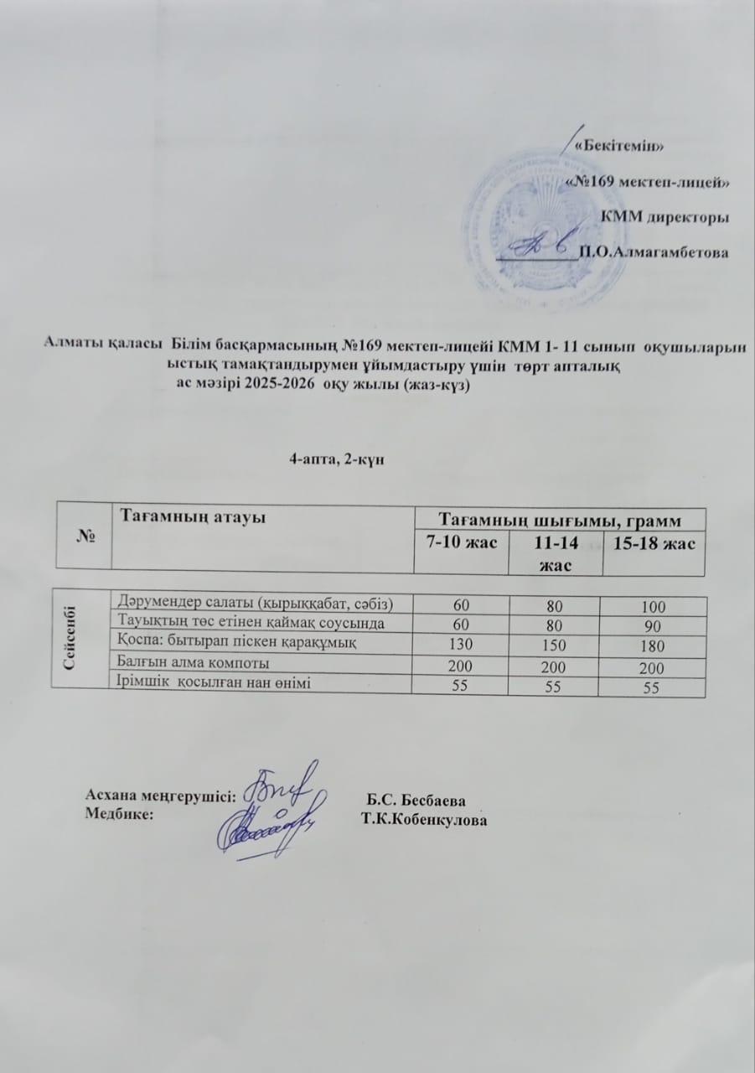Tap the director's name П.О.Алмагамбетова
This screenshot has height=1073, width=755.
pos(654,250)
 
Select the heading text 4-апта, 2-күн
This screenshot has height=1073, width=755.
pos(335,459)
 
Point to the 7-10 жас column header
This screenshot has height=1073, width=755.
pos(458,542)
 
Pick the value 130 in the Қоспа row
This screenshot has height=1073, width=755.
pos(458,645)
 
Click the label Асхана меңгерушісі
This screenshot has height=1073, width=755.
pos(160,796)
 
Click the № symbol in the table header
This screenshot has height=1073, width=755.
pos(84,536)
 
